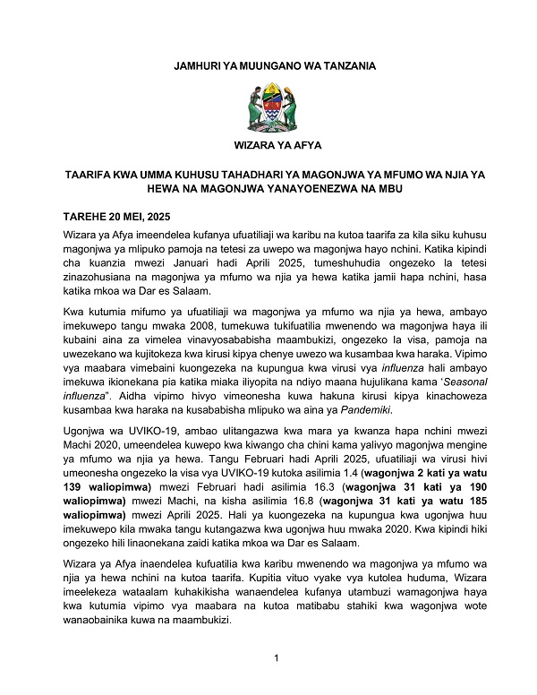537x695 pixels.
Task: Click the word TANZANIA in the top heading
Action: (x=336, y=65)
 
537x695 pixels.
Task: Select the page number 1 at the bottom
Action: (x=277, y=659)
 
